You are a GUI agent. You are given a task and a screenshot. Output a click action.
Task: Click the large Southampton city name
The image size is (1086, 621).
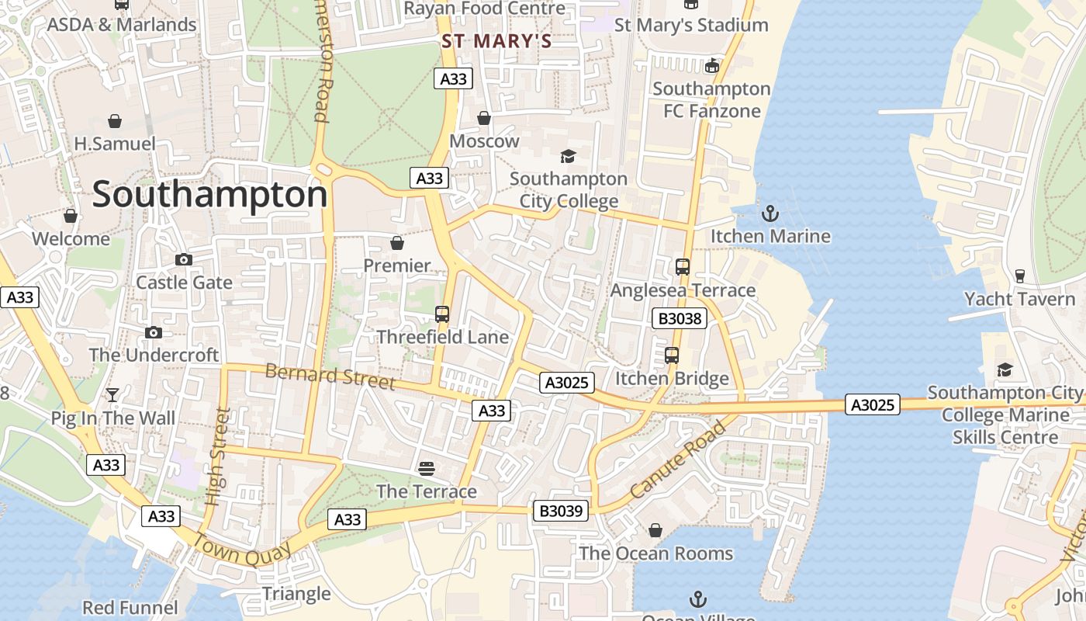tap(209, 195)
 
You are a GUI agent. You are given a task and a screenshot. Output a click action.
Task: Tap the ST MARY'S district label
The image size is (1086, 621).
tap(496, 41)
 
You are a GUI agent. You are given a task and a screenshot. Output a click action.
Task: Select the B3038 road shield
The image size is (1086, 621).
tap(679, 318)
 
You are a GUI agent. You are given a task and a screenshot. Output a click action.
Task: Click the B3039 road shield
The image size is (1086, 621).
tap(560, 511)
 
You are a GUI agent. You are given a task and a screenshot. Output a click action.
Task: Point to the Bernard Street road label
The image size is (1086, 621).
tap(330, 376)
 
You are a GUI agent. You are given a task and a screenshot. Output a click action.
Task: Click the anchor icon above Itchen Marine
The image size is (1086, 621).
tap(770, 213)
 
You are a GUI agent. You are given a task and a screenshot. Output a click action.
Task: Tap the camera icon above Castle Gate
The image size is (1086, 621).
tap(184, 259)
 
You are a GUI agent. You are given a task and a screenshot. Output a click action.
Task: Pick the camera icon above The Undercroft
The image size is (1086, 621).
tap(154, 332)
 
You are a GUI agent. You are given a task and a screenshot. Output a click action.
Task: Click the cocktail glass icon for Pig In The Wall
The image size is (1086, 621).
tap(112, 395)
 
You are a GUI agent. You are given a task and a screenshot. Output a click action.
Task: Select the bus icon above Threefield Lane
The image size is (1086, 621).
tap(442, 314)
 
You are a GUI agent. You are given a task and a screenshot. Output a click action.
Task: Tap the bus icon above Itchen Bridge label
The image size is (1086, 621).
tap(672, 356)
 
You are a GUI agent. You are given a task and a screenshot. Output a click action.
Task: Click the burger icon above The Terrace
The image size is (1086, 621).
tap(426, 468)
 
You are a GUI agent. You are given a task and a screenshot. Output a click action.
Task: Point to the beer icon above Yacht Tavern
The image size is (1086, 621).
tap(1020, 276)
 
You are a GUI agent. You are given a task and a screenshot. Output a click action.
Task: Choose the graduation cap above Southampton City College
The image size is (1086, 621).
tap(569, 156)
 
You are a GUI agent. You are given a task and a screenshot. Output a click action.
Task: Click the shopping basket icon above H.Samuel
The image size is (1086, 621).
tap(115, 121)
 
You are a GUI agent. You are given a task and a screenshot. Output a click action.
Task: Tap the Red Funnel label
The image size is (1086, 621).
tap(130, 607)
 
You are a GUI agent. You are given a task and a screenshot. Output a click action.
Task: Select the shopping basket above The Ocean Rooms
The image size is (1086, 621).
tap(655, 530)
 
